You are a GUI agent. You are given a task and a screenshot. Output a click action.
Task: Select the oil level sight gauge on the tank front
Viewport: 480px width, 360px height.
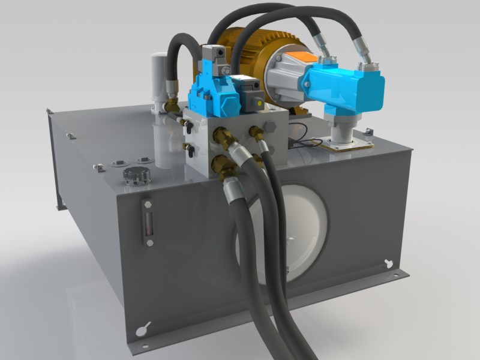[x=148, y=220]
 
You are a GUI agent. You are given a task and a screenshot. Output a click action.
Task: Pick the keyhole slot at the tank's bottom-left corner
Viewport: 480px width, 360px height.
[x=142, y=329]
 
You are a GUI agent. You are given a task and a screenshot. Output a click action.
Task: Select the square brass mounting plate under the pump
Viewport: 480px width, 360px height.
[x=348, y=144]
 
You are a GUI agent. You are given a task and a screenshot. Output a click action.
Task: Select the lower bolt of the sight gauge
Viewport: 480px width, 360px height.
[x=149, y=242]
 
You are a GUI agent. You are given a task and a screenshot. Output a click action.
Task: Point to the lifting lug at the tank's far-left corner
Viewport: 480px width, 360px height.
[x=49, y=111]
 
